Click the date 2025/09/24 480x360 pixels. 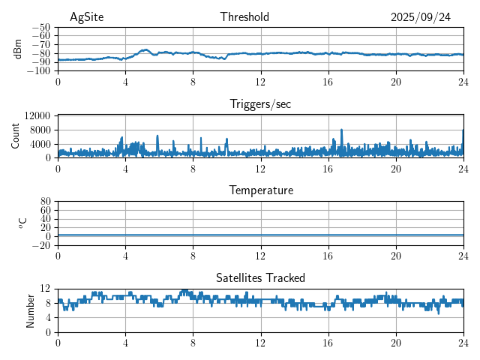pyautogui.click(x=420, y=17)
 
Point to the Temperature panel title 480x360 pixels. pyautogui.click(x=260, y=190)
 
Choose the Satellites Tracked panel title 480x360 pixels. pyautogui.click(x=260, y=277)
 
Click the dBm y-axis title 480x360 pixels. pyautogui.click(x=19, y=49)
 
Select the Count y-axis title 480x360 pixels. pyautogui.click(x=16, y=136)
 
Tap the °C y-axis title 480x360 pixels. pyautogui.click(x=23, y=223)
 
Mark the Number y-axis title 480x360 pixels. pyautogui.click(x=31, y=310)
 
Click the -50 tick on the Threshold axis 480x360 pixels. pyautogui.click(x=41, y=27)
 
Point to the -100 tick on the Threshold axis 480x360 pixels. pyautogui.click(x=39, y=71)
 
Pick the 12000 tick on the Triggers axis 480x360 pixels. pyautogui.click(x=37, y=115)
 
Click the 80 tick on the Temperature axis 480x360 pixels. pyautogui.click(x=46, y=202)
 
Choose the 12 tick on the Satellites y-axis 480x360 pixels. pyautogui.click(x=46, y=289)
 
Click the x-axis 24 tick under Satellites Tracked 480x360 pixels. pyautogui.click(x=463, y=343)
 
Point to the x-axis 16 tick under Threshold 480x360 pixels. pyautogui.click(x=328, y=82)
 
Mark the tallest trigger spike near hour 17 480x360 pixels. pyautogui.click(x=341, y=130)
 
